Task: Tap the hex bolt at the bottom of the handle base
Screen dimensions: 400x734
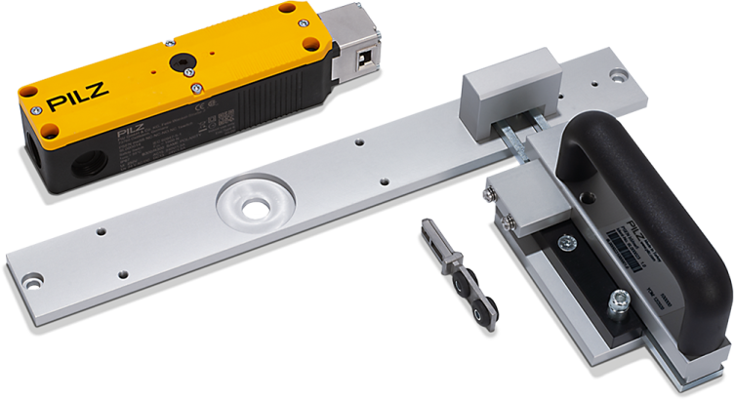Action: tap(618, 305)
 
